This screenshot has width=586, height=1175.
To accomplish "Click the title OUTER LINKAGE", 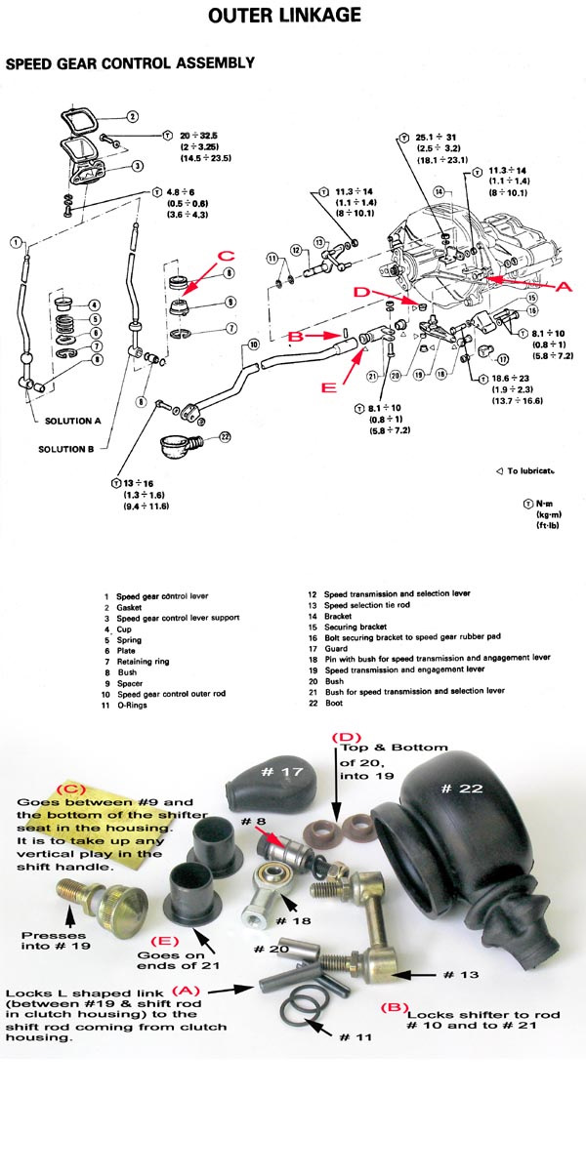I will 285,16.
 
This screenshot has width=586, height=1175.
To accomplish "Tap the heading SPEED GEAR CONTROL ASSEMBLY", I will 130,63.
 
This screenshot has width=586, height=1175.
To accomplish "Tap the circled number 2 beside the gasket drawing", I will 132,117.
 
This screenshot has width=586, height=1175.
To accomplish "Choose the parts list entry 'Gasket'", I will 128,607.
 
